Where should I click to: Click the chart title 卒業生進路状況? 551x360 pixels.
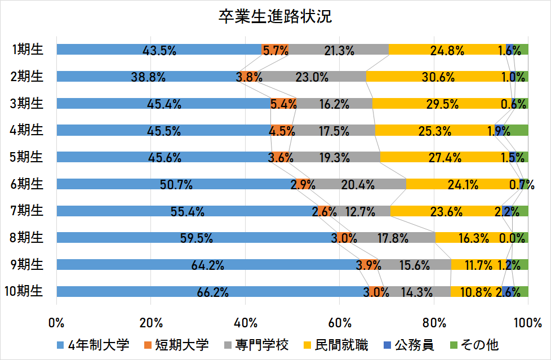[x=275, y=16]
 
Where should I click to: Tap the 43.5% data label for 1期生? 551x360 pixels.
[x=159, y=50]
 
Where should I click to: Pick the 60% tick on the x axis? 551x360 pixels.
[x=340, y=323]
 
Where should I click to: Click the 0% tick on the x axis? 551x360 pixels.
[x=56, y=323]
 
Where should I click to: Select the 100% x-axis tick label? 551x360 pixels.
[x=527, y=323]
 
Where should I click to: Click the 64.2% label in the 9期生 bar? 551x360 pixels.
[x=208, y=265]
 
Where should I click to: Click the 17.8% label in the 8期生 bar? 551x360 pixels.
[x=393, y=238]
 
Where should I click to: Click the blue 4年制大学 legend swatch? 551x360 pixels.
[x=60, y=345]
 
